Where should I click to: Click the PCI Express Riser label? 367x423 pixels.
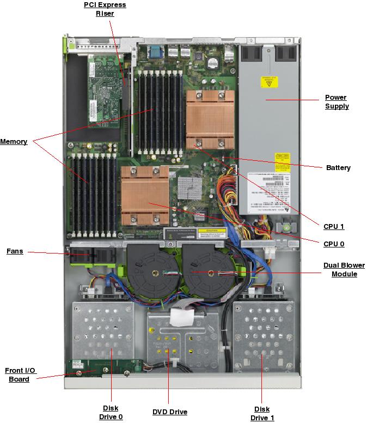pos(105,9)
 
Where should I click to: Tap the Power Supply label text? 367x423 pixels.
pos(337,102)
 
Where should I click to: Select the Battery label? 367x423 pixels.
pos(338,168)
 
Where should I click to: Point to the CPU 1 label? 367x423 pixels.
pos(334,227)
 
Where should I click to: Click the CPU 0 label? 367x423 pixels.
pos(334,244)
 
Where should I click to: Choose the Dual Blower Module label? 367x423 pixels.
pos(344,270)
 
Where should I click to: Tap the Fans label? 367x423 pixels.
pos(15,252)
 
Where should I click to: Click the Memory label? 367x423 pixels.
pos(14,142)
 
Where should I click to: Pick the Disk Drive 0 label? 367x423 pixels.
pos(111,413)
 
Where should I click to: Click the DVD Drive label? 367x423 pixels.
pos(170,412)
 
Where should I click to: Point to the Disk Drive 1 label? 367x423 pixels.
pos(262,413)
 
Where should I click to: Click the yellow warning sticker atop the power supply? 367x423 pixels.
pos(269,82)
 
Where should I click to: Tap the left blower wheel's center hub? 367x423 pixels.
pos(155,272)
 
